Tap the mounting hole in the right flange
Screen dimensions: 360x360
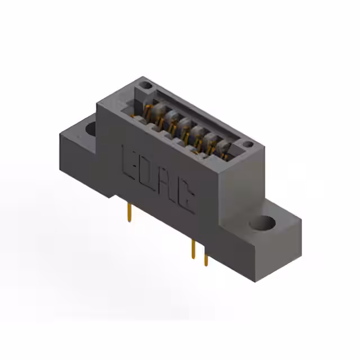point(263,223)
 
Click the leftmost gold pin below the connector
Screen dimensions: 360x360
point(130,213)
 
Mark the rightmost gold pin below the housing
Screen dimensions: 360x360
point(206,258)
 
